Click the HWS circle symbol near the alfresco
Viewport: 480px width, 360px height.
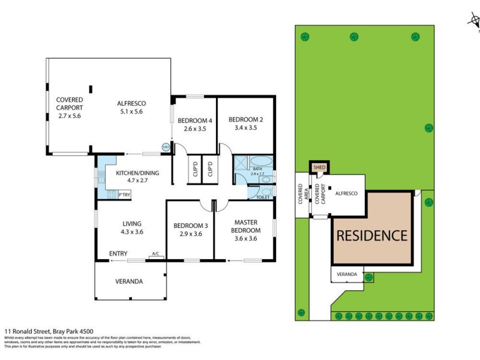coord(165,146)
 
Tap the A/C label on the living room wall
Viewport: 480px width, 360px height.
coord(156,254)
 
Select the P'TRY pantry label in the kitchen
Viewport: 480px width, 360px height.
coord(124,195)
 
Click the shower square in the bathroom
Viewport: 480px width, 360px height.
coord(241,164)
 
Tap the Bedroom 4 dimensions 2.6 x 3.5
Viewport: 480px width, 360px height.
coord(195,128)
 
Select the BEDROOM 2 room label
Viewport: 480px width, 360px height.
coord(246,119)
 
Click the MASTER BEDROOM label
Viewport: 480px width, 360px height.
coord(246,226)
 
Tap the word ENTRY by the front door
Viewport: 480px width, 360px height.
coord(118,254)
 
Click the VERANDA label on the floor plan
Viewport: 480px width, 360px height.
coord(129,281)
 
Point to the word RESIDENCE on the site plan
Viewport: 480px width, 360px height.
coord(371,236)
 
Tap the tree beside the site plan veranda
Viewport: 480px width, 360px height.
coord(369,277)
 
